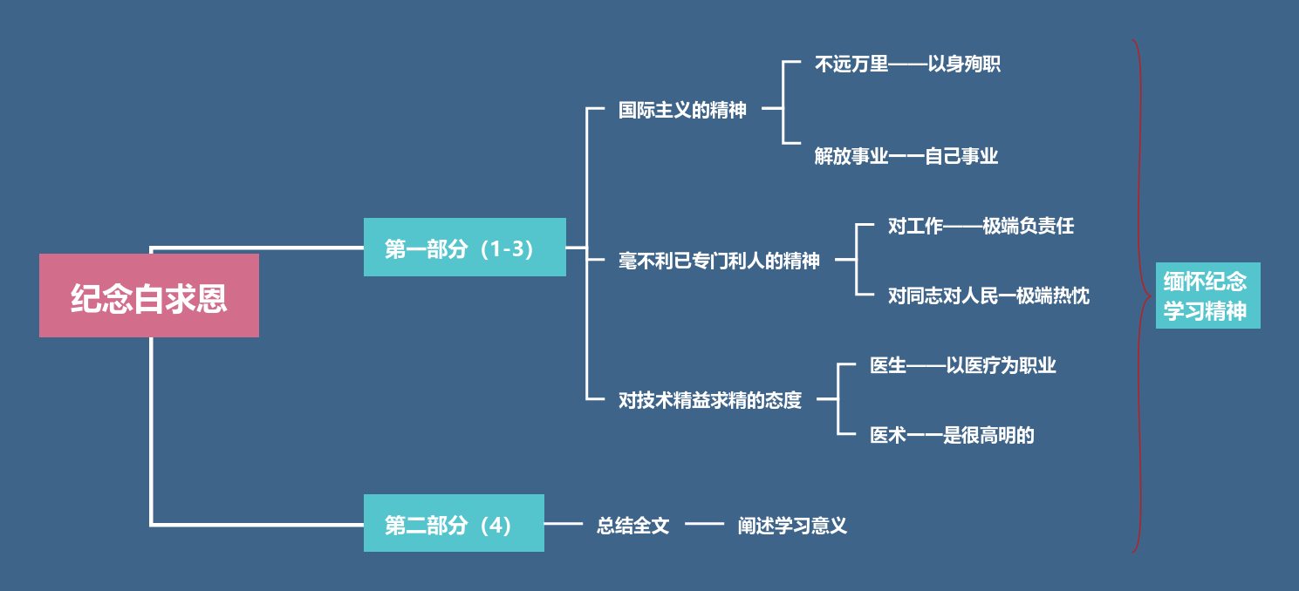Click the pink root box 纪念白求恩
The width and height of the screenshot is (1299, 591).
[149, 295]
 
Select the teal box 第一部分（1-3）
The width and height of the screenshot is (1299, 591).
[464, 248]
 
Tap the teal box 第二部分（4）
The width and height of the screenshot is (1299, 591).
[454, 523]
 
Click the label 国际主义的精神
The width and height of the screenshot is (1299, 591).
[682, 110]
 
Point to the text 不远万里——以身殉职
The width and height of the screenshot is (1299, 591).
[907, 64]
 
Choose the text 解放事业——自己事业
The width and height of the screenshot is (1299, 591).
[906, 156]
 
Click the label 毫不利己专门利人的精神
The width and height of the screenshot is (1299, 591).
[719, 260]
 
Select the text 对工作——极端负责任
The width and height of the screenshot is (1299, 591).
[981, 226]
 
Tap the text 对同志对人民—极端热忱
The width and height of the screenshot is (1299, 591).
[988, 295]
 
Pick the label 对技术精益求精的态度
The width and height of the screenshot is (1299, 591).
[709, 400]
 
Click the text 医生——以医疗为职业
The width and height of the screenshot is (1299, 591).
[963, 365]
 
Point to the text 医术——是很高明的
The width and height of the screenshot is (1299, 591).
[952, 435]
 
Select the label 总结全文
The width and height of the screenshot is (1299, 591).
[632, 525]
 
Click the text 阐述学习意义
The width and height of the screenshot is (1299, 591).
[792, 525]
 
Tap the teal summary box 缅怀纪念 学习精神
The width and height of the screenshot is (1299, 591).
[1207, 295]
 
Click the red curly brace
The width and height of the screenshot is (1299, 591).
[1140, 296]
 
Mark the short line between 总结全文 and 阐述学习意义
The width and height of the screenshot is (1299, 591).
[704, 524]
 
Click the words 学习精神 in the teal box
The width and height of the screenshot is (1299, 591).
[1205, 311]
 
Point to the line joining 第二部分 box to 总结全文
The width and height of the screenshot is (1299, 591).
[564, 524]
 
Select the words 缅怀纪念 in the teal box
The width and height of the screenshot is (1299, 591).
[1205, 281]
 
